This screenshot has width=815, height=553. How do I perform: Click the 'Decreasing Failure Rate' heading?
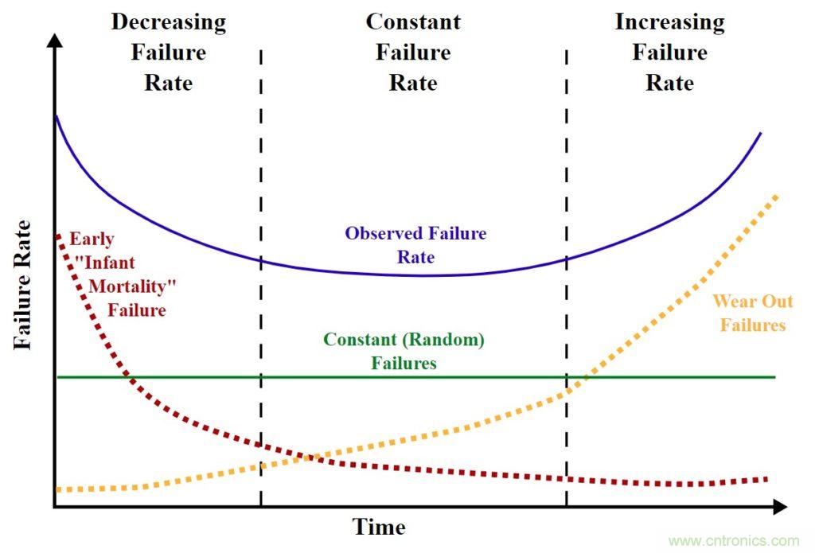(168, 53)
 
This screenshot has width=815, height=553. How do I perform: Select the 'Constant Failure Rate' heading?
(413, 53)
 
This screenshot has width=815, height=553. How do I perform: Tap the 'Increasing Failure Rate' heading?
(669, 53)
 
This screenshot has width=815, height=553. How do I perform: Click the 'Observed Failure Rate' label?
(415, 245)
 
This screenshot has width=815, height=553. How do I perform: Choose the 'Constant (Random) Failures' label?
(404, 351)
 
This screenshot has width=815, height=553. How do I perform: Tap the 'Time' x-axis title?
(379, 526)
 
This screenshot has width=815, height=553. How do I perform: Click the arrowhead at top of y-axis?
(54, 40)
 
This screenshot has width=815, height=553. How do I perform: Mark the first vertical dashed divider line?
(260, 278)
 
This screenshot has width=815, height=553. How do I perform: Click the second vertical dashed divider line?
(567, 278)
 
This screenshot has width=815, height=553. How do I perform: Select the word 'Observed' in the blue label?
(378, 234)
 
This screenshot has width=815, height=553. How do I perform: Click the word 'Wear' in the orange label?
(731, 301)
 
